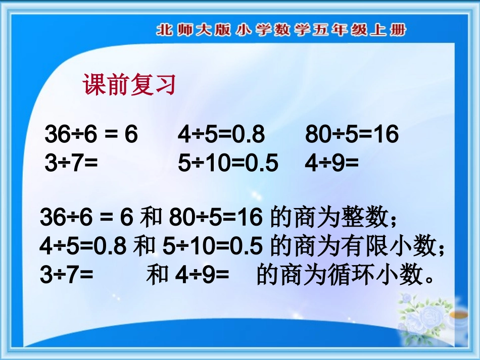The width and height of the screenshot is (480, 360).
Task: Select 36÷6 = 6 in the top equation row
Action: (x=91, y=135)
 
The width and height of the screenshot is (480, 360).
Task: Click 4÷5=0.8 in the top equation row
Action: (x=221, y=135)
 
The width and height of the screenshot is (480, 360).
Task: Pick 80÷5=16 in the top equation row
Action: (x=352, y=135)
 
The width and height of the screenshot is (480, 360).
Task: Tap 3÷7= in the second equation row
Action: (x=71, y=164)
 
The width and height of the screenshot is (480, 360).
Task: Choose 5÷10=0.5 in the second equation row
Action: (x=228, y=164)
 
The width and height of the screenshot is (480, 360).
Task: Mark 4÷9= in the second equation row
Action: (x=331, y=164)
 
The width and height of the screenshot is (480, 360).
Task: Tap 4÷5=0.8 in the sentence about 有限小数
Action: (x=83, y=247)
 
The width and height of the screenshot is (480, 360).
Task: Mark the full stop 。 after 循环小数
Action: (x=429, y=279)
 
